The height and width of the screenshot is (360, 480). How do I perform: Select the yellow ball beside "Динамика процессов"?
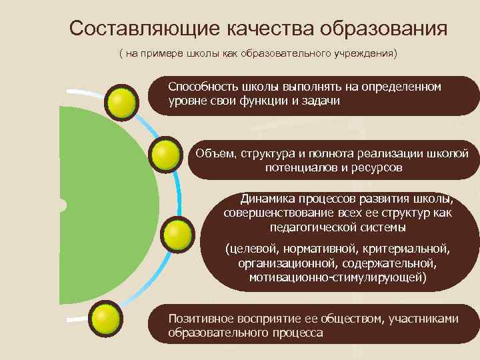176,235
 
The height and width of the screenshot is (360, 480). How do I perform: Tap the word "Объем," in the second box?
213,154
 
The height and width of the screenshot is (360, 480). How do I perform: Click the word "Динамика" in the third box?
266,199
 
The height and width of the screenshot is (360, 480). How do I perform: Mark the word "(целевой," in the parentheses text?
251,250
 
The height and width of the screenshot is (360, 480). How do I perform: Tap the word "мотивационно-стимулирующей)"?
338,277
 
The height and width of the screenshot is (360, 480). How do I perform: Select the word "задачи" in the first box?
321,101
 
